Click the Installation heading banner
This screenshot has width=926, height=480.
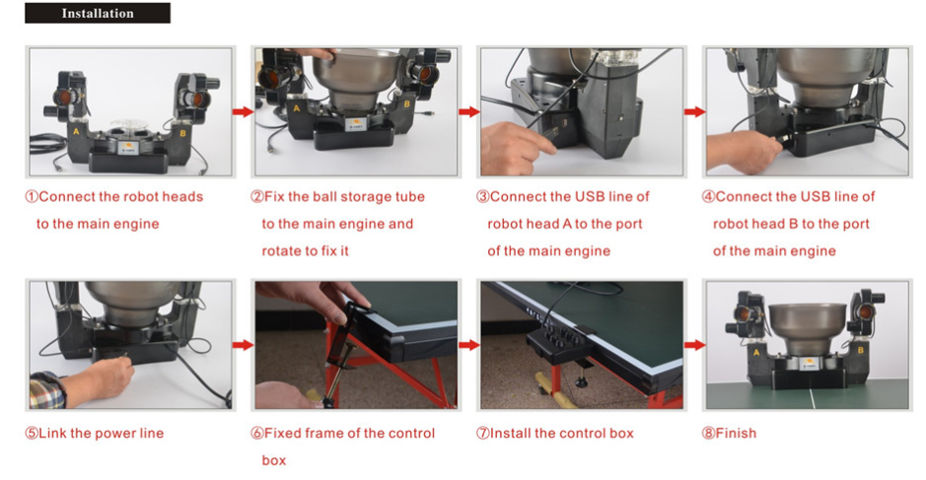point(98,13)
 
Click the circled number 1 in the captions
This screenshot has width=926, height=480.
point(32,196)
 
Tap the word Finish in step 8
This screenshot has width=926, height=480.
point(736,434)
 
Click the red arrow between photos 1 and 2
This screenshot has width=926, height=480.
point(243,111)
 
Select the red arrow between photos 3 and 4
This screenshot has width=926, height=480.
point(695,111)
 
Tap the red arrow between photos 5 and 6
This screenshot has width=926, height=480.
point(243,345)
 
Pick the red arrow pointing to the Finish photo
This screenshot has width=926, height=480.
point(695,345)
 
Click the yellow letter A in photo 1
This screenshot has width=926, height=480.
point(76,132)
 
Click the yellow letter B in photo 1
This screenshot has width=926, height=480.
point(182,133)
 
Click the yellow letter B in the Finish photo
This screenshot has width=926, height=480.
point(861,350)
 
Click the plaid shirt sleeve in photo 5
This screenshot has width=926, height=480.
point(46,390)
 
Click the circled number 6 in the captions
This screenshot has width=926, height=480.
point(257,434)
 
